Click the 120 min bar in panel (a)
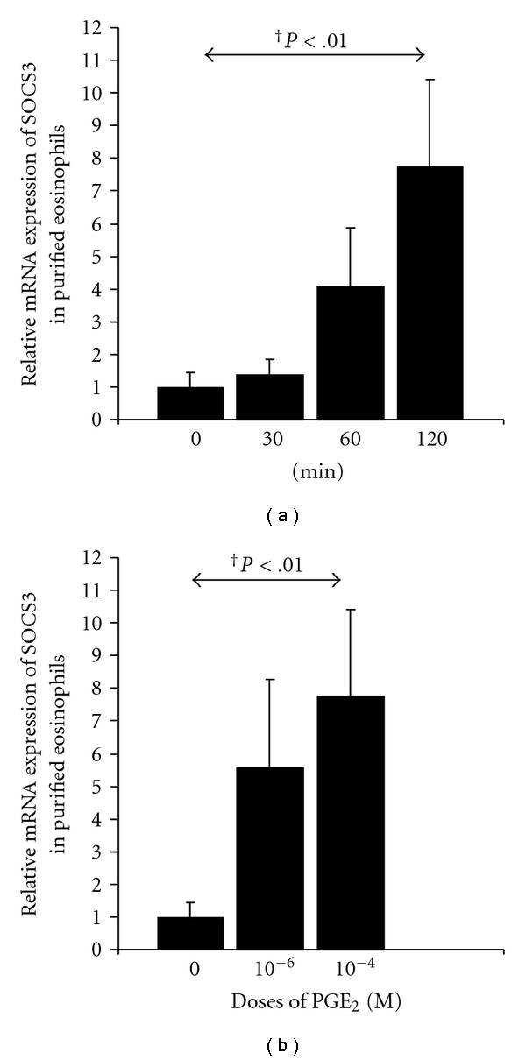pos(430,293)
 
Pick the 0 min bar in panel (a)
pos(190,403)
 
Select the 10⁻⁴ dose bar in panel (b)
pos(350,823)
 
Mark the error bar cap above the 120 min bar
pos(430,80)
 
